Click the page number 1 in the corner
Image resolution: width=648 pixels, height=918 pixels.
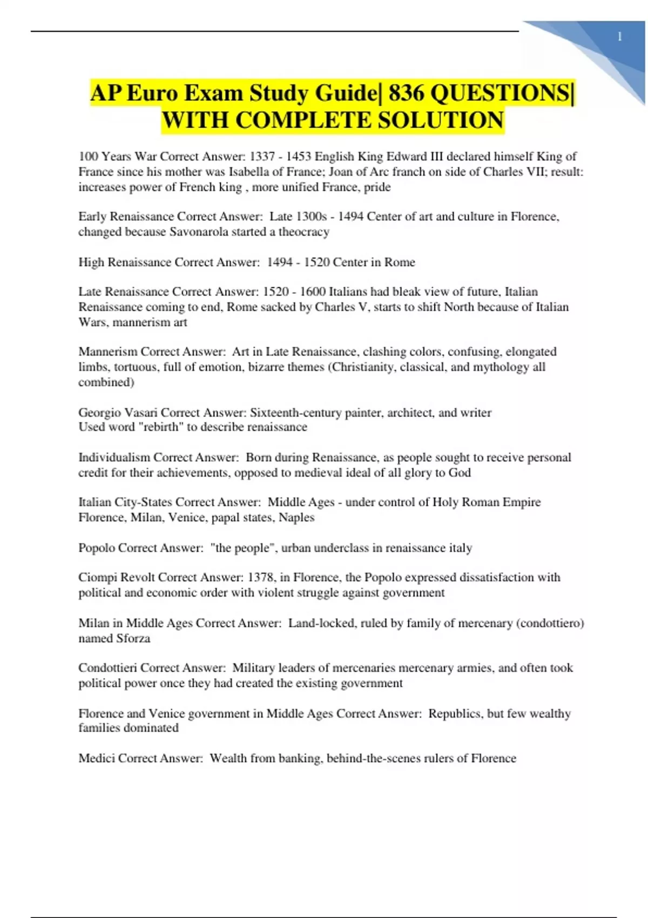pyautogui.click(x=619, y=37)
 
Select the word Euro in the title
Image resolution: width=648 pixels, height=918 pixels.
pyautogui.click(x=152, y=93)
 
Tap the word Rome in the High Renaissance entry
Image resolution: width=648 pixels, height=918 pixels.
pyautogui.click(x=400, y=262)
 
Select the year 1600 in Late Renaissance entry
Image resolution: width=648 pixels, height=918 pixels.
pyautogui.click(x=313, y=292)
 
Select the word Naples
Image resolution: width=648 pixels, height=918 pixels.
pyautogui.click(x=296, y=517)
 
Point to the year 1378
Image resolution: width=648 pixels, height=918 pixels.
pyautogui.click(x=261, y=577)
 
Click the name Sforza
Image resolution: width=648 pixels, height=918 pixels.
pyautogui.click(x=133, y=638)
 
